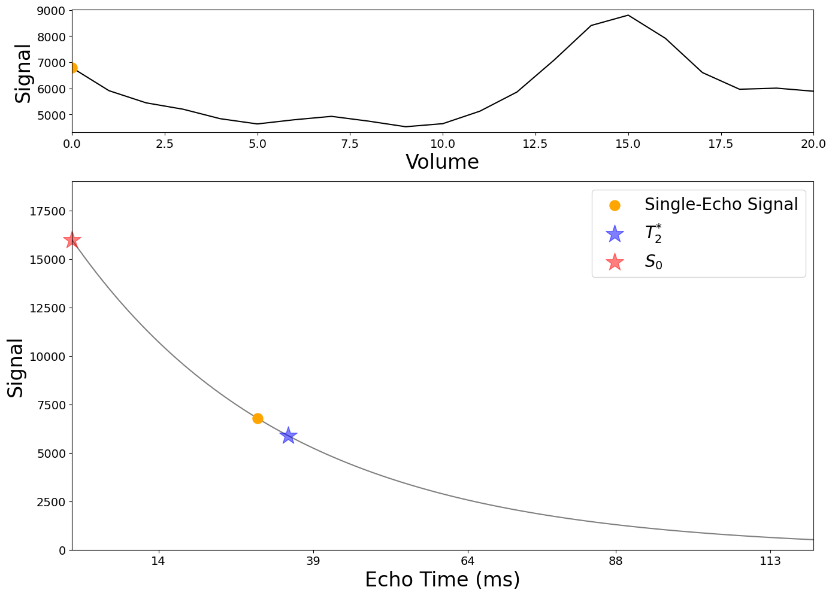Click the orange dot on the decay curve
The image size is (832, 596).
(258, 419)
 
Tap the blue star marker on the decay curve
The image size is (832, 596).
(288, 435)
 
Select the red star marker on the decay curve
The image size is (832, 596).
(71, 240)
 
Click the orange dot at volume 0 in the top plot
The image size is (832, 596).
(73, 68)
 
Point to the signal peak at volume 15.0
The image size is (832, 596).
(628, 15)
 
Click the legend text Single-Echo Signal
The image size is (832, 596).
(721, 204)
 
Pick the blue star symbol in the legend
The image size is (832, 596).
(615, 234)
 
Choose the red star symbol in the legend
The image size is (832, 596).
(615, 262)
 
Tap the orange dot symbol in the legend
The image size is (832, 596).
(615, 205)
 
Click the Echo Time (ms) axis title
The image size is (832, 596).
(443, 579)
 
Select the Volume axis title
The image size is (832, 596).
(442, 162)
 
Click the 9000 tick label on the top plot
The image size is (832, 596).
(52, 11)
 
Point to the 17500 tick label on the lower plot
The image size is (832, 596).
(47, 211)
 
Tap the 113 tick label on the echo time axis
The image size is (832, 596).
(770, 561)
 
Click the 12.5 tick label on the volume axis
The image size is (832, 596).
(535, 144)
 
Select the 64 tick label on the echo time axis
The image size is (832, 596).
(467, 561)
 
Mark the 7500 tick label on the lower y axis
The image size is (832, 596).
(52, 405)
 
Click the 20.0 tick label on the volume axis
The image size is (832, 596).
(813, 144)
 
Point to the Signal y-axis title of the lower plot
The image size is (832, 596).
(16, 368)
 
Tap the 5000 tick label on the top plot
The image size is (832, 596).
(52, 115)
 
